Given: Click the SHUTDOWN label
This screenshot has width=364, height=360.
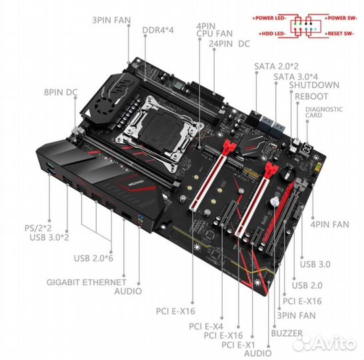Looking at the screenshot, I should pos(315,86).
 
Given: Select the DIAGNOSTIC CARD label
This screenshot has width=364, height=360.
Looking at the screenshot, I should pos(323,111).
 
